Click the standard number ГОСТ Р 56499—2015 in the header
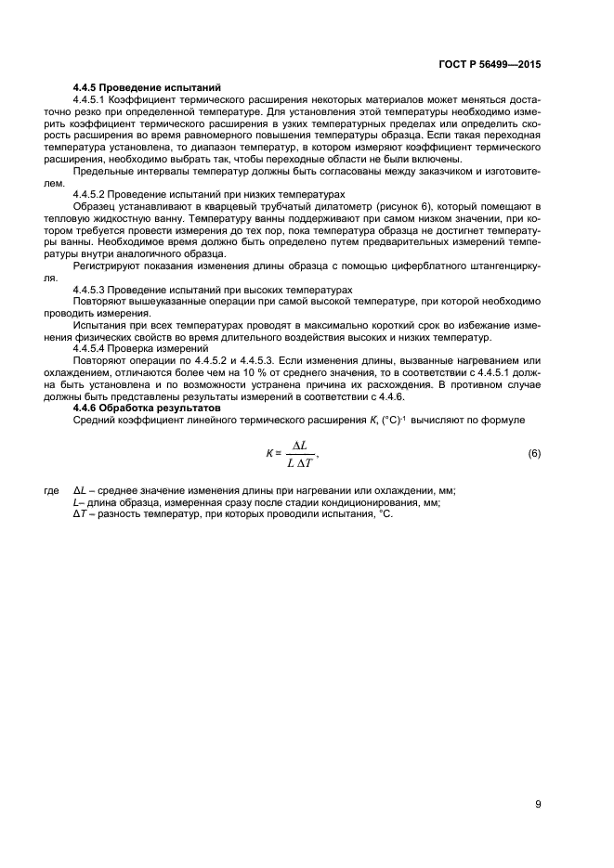[x=490, y=65]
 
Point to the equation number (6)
[x=533, y=453]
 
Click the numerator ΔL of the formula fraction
[x=299, y=445]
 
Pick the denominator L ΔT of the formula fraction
[x=298, y=462]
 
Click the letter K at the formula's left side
[x=268, y=453]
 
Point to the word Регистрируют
[x=104, y=266]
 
